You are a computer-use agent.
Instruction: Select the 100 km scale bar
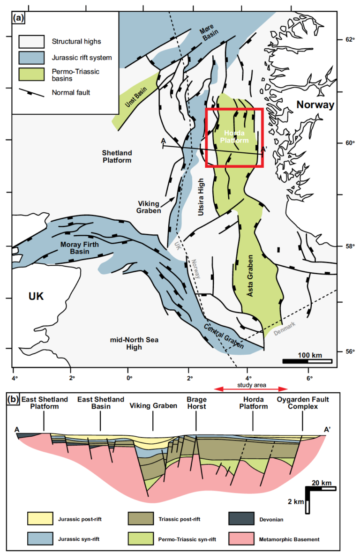point(307,361)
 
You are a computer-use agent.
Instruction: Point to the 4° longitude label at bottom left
point(15,377)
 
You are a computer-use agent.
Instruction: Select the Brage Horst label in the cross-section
point(196,403)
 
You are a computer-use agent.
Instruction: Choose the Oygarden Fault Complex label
point(302,403)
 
